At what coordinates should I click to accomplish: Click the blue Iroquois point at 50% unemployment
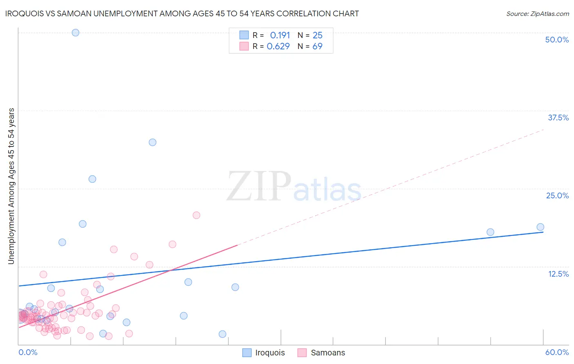pos(76,33)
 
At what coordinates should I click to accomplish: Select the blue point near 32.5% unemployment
pos(152,142)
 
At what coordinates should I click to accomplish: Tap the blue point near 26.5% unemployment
pos(92,179)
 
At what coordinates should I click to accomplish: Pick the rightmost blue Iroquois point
pos(540,227)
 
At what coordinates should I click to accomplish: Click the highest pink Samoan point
pos(196,215)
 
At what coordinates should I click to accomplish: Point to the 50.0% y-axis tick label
pos(557,40)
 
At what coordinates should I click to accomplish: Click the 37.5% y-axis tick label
pos(558,118)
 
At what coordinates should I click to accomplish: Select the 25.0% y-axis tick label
pos(557,195)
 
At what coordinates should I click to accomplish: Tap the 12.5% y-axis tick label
pos(558,274)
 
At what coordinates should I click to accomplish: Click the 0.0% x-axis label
pos(28,352)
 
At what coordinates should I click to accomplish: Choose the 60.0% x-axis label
pos(557,352)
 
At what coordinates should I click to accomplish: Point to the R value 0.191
pos(280,35)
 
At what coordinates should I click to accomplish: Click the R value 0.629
pos(278,46)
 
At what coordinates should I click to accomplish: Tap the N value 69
pos(317,46)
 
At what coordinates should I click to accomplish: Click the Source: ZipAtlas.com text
pos(537,14)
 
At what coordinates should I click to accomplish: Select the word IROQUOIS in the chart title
pos(24,13)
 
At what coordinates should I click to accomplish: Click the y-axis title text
pos(11,186)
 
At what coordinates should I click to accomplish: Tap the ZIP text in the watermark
pos(259,187)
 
